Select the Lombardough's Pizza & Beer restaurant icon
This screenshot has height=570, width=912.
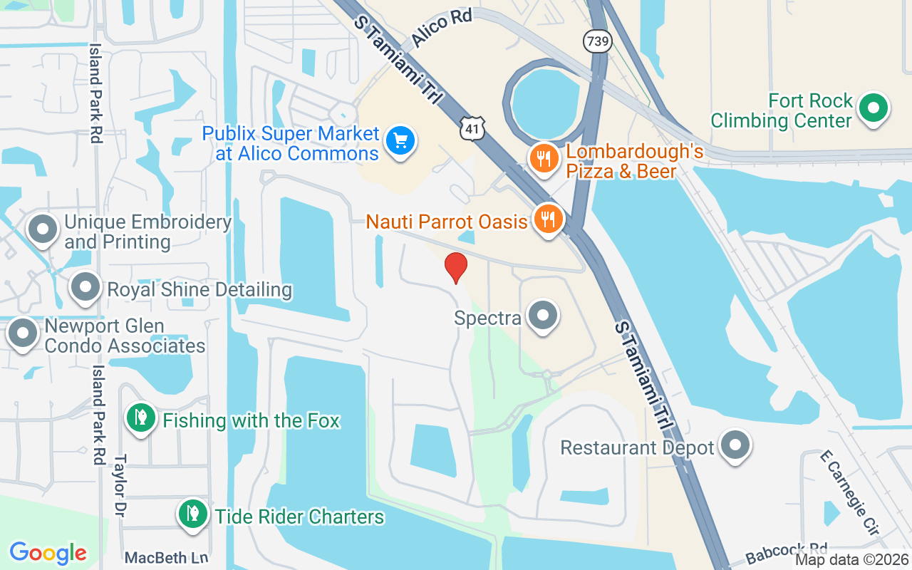545,158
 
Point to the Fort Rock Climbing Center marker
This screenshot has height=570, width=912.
873,109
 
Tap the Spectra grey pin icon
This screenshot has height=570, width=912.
544,315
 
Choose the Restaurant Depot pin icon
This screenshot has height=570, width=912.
735,446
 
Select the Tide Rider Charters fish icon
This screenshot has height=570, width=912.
192,513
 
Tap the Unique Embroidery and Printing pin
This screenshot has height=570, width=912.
42,229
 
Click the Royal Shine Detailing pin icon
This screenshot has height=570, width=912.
86,288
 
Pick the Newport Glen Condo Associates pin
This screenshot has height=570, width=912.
23,333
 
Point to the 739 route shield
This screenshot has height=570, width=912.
597,41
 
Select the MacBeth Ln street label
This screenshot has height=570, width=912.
166,557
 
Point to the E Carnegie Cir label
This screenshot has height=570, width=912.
849,492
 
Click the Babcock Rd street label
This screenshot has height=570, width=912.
787,552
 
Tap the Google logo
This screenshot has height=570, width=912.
48,553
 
